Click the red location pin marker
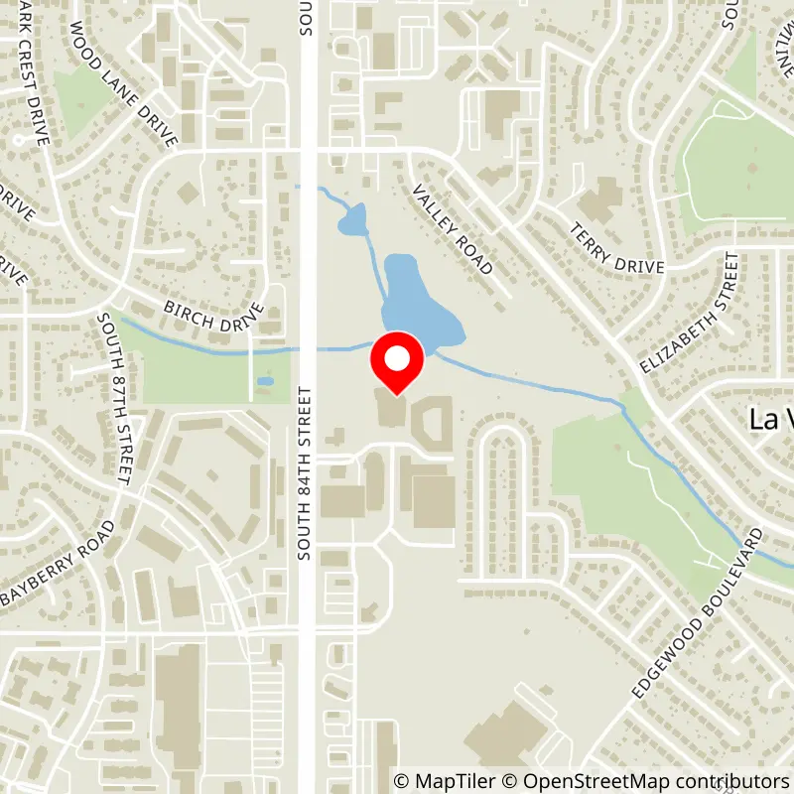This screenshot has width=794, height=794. [x=397, y=363]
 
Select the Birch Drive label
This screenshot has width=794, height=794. [x=214, y=315]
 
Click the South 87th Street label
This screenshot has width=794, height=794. [x=115, y=399]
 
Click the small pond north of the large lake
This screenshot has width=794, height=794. [x=353, y=220]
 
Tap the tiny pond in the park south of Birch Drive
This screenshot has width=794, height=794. [x=265, y=381]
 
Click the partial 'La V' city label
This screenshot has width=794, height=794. [x=770, y=419]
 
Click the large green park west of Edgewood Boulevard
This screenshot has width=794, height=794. [x=635, y=486]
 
